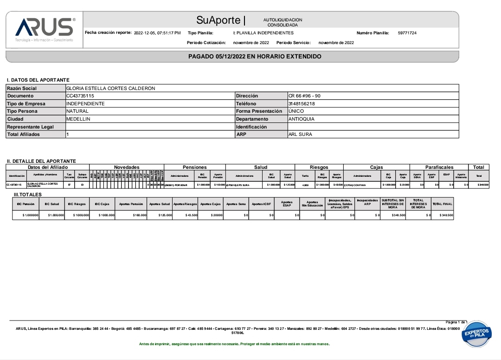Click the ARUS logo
(x=45, y=27)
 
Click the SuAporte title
(x=218, y=20)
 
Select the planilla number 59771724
(x=407, y=33)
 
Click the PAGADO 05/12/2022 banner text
(x=255, y=57)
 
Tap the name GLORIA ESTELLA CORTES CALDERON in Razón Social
(x=110, y=88)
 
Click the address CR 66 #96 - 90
(x=304, y=96)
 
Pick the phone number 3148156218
(x=302, y=103)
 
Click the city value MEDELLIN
(x=78, y=119)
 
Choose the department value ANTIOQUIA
(x=302, y=119)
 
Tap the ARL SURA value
(x=300, y=135)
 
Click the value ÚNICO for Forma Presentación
(x=296, y=111)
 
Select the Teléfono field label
(x=246, y=103)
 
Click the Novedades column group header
(x=127, y=167)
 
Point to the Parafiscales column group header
(x=439, y=167)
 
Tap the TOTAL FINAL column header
(x=442, y=204)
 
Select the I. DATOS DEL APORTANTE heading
(x=38, y=80)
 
